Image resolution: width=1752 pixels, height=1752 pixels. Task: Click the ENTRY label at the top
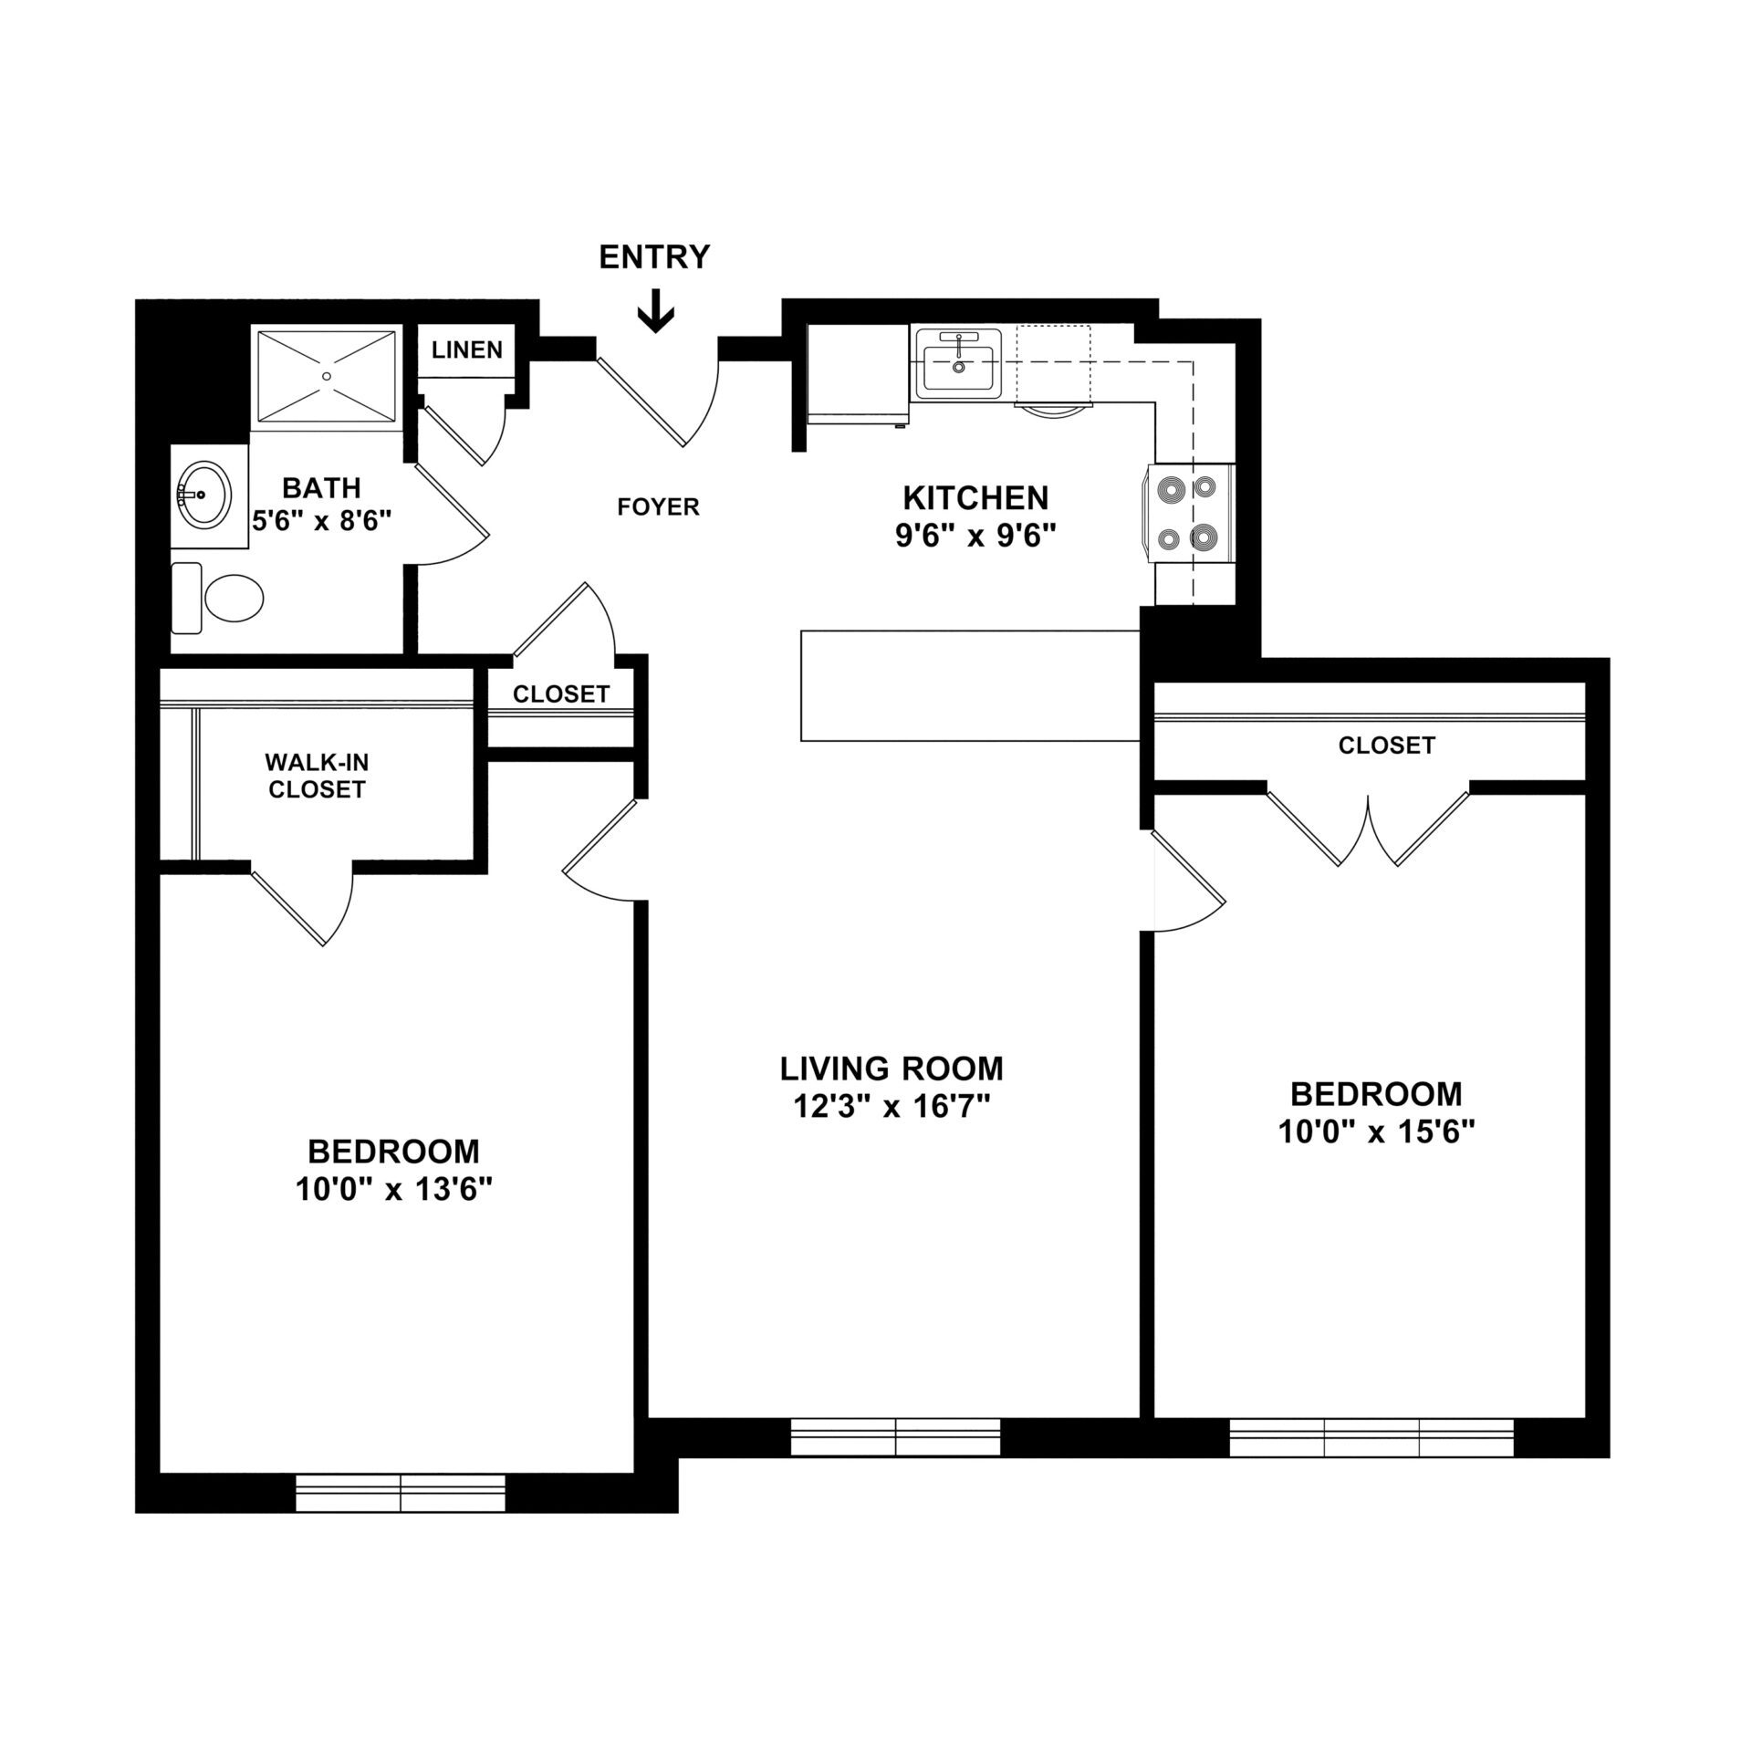pyautogui.click(x=653, y=257)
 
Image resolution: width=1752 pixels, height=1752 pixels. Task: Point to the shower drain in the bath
pyautogui.click(x=327, y=375)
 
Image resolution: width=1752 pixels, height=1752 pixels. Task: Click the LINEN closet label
pyautogui.click(x=466, y=349)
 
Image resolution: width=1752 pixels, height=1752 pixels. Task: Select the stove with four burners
pyautogui.click(x=1186, y=515)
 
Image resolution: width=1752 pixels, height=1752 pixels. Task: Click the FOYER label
pyautogui.click(x=658, y=506)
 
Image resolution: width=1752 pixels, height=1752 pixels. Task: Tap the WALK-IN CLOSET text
pyautogui.click(x=317, y=776)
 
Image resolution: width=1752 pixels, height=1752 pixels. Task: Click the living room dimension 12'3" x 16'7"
pyautogui.click(x=891, y=1107)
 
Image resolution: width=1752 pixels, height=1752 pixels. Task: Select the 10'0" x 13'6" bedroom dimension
pyautogui.click(x=393, y=1190)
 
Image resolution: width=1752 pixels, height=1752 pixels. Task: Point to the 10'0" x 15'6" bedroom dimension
pyautogui.click(x=1376, y=1132)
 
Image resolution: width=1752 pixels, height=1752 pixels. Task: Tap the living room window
pyautogui.click(x=895, y=1462)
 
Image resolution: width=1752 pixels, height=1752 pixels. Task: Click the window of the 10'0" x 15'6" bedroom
pyautogui.click(x=1371, y=1463)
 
